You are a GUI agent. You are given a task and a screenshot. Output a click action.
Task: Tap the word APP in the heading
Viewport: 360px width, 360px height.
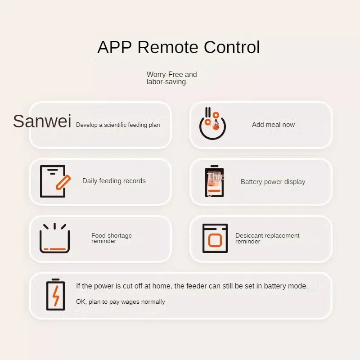coord(114,47)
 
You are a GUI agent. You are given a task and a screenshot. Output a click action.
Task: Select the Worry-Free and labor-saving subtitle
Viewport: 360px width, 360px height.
coord(171,78)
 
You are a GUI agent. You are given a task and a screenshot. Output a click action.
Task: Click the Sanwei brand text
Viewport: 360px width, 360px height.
coord(42,121)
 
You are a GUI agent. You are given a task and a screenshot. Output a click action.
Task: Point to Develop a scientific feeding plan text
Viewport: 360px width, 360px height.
coord(118,125)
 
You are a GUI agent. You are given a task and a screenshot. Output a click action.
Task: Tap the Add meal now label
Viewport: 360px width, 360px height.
coord(273,125)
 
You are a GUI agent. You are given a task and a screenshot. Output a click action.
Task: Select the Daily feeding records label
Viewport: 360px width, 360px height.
coord(114,181)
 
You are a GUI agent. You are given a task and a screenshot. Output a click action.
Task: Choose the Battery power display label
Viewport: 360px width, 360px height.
coord(273,182)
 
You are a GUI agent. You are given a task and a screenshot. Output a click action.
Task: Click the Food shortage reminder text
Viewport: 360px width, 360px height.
coord(112,238)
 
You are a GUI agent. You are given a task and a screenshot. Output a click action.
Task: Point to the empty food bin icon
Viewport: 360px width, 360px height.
coord(54,238)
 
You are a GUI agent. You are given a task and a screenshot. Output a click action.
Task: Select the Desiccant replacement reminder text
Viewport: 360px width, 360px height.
coord(267,238)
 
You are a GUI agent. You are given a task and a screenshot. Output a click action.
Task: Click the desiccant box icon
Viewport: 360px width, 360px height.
coord(215,238)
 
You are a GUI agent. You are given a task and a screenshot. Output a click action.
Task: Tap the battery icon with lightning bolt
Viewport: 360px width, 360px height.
coord(55,295)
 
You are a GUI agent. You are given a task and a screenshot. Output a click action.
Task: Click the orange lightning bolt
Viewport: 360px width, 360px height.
coord(56,296)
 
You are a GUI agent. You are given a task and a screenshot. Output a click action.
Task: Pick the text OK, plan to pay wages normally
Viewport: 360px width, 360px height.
coord(121,302)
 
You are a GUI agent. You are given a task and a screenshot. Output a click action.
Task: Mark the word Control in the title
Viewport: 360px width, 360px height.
coord(232,47)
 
